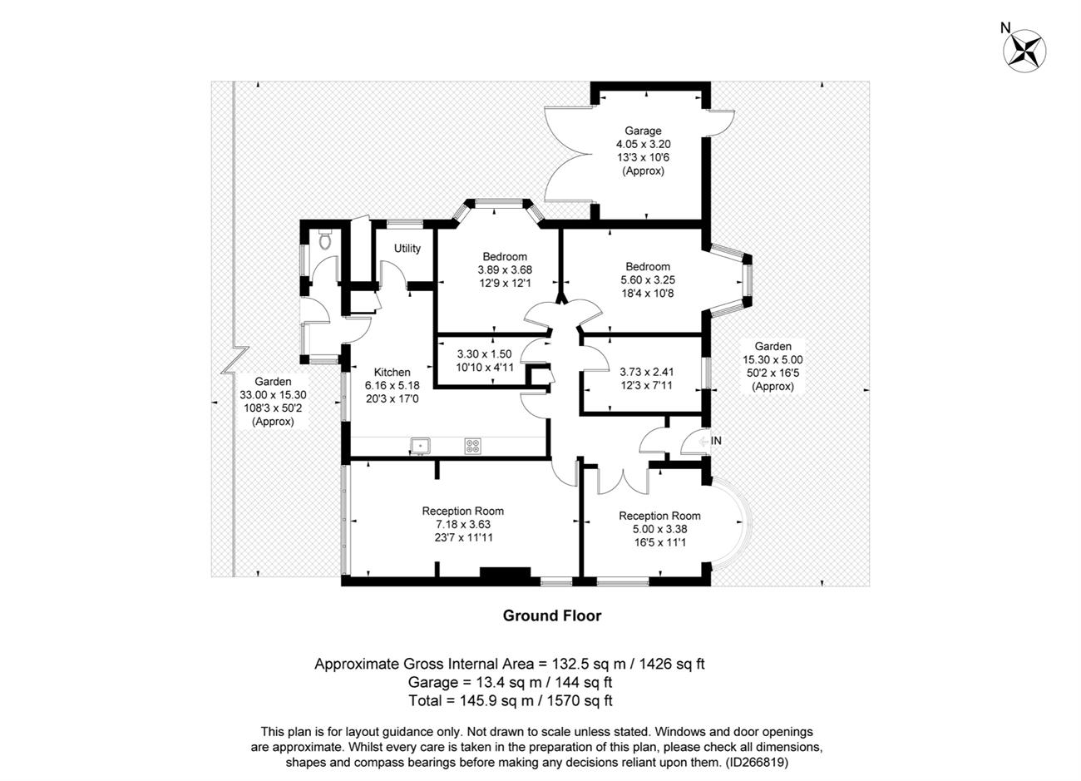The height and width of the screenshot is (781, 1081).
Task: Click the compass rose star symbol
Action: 1024,52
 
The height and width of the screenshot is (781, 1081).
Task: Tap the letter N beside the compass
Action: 1005,28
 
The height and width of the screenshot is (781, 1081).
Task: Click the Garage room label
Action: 643,131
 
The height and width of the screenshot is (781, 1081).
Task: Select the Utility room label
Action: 407,248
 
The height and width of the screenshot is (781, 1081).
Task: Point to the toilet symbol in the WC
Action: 325,239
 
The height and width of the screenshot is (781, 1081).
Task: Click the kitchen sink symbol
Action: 420,446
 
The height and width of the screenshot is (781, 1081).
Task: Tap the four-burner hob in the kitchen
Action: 472,446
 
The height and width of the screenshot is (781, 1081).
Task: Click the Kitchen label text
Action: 392,372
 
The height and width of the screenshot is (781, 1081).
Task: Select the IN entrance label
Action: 716,441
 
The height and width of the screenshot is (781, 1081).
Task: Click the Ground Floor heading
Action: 552,615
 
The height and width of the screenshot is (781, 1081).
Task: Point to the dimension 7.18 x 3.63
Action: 463,524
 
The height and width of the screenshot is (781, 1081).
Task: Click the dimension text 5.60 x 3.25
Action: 648,280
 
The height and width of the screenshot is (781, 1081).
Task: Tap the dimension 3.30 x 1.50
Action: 485,354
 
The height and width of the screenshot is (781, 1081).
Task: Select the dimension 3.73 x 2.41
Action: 647,372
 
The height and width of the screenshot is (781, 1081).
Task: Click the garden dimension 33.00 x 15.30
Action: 273,395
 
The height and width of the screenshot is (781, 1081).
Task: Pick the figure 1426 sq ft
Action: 672,664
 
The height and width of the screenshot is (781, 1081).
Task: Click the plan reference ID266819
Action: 757,762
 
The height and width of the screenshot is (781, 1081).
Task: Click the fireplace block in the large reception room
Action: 505,572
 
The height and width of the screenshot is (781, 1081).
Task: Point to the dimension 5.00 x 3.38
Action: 659,529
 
